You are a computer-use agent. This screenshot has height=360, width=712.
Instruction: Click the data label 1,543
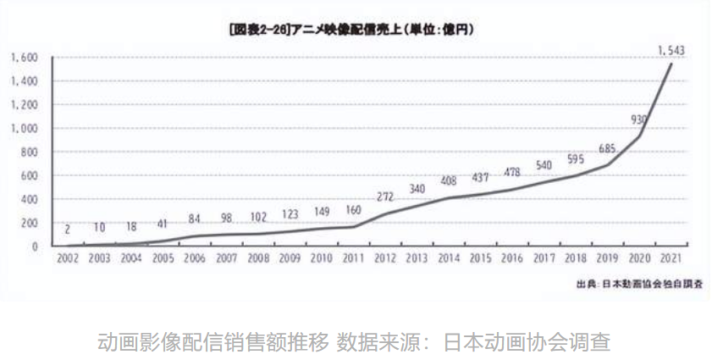pos(671,50)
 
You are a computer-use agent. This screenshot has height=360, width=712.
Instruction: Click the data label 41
pos(163,224)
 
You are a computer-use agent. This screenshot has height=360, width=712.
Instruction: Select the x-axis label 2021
pos(672,258)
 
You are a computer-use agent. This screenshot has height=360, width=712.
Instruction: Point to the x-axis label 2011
pos(353,258)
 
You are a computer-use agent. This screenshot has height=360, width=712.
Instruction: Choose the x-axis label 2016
pos(512,258)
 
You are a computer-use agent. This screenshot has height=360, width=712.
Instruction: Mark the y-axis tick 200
pos(30,223)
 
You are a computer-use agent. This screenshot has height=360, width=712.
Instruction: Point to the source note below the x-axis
pos(638,281)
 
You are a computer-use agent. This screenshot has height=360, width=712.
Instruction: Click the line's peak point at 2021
pos(672,64)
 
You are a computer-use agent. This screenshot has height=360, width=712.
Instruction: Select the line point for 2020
pos(640,136)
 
